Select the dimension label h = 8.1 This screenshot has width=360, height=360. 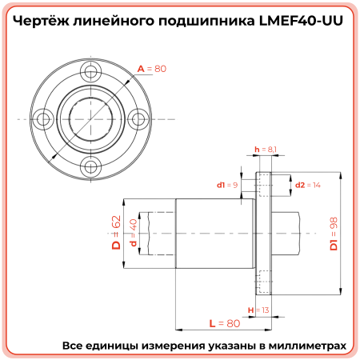(x=265, y=150)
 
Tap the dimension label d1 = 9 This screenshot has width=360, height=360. (x=228, y=185)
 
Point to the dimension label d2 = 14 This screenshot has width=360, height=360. (x=308, y=185)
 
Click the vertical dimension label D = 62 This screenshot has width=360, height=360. (x=115, y=233)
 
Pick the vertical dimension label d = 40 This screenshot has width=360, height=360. (x=133, y=233)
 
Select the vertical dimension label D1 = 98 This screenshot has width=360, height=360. (x=334, y=233)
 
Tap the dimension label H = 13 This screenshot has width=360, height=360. (x=258, y=310)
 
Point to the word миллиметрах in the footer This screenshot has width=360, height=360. (x=306, y=346)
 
